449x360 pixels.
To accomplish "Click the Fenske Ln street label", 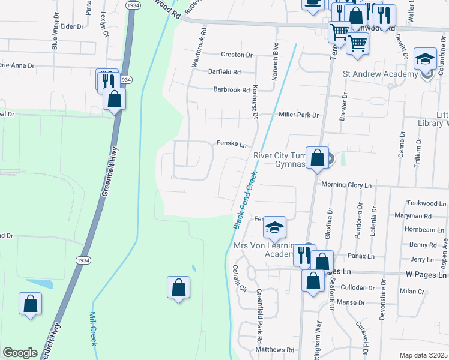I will (231, 144).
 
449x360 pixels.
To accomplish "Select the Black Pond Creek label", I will (246, 199).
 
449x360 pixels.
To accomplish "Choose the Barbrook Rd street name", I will (231, 90).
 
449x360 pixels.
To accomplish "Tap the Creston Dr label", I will (237, 55).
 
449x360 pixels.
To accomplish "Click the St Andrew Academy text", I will (380, 74).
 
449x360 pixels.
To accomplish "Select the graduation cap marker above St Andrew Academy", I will (426, 59).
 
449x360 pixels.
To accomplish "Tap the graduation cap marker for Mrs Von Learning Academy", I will (274, 227).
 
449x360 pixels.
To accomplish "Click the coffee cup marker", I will (312, 3).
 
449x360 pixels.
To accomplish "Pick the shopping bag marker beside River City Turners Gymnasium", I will (318, 158).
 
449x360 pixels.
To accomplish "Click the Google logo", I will (20, 353).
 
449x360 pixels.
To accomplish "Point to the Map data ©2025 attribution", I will (423, 355).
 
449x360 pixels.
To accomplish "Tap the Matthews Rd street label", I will (274, 349).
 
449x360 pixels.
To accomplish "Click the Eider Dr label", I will (71, 26).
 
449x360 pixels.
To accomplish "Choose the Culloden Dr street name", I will (357, 288).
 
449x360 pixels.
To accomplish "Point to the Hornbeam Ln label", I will (420, 230).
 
